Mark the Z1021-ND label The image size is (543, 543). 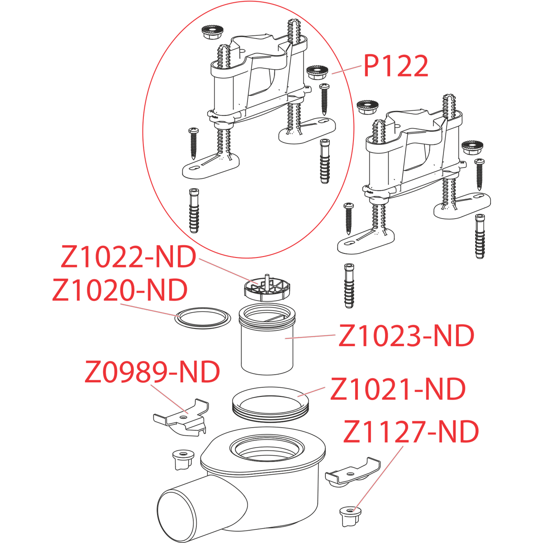tap(398, 388)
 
